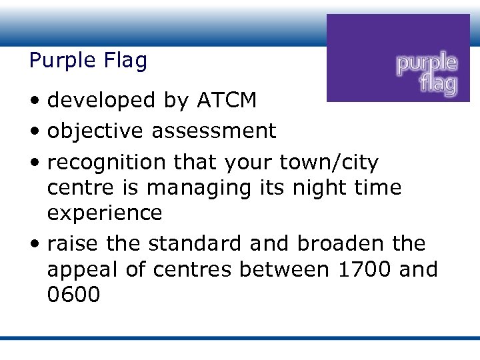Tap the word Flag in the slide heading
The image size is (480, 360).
click(x=125, y=61)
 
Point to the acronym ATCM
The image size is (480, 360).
click(x=226, y=100)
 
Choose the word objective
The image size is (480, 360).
click(x=95, y=131)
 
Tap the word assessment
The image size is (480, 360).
click(x=213, y=131)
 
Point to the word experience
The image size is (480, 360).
click(x=105, y=213)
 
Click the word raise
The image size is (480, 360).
click(x=72, y=243)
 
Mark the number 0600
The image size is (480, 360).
click(x=73, y=295)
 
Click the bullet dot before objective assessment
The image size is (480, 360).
click(x=33, y=132)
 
